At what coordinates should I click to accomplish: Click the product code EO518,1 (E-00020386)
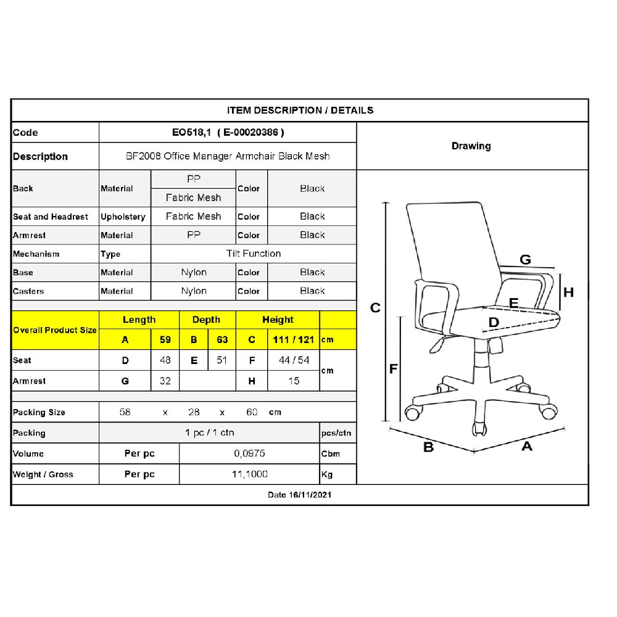pyautogui.click(x=228, y=132)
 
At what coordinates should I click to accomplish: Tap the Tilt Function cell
pyautogui.click(x=254, y=254)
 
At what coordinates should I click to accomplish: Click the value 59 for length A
pyautogui.click(x=165, y=339)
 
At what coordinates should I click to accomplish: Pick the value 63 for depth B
pyautogui.click(x=222, y=339)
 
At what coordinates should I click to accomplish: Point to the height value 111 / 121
pyautogui.click(x=294, y=339)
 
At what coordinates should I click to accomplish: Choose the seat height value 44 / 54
pyautogui.click(x=294, y=360)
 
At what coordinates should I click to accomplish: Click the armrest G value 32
pyautogui.click(x=165, y=381)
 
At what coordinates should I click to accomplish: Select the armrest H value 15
pyautogui.click(x=294, y=381)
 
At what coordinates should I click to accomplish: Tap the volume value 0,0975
pyautogui.click(x=249, y=453)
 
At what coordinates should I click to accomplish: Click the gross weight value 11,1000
pyautogui.click(x=250, y=474)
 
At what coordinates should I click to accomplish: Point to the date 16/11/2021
pyautogui.click(x=310, y=495)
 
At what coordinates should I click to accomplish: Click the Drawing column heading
pyautogui.click(x=471, y=146)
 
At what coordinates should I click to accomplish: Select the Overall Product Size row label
pyautogui.click(x=55, y=330)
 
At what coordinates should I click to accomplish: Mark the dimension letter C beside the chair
pyautogui.click(x=375, y=308)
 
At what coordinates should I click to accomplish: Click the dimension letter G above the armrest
pyautogui.click(x=525, y=259)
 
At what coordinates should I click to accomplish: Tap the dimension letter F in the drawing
pyautogui.click(x=393, y=369)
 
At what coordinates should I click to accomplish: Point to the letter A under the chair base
pyautogui.click(x=527, y=446)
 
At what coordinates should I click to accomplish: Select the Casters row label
pyautogui.click(x=28, y=291)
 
